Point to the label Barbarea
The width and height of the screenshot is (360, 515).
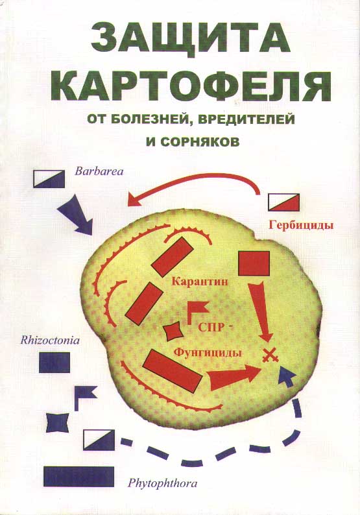pyautogui.click(x=99, y=171)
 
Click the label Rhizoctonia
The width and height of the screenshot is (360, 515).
pyautogui.click(x=50, y=340)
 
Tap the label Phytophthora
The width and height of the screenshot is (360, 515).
pyautogui.click(x=162, y=483)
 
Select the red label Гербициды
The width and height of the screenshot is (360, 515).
pyautogui.click(x=301, y=225)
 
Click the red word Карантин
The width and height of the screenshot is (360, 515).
pyautogui.click(x=200, y=281)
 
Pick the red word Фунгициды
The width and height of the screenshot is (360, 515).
pyautogui.click(x=208, y=353)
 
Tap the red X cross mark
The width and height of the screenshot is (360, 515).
pyautogui.click(x=270, y=355)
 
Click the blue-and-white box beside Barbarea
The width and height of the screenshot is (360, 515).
pyautogui.click(x=49, y=179)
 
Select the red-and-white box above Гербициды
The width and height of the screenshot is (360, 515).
pyautogui.click(x=284, y=202)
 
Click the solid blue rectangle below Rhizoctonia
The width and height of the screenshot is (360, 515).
pyautogui.click(x=54, y=363)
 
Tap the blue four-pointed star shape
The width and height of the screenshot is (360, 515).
pyautogui.click(x=58, y=422)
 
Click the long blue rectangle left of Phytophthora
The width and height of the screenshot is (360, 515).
pyautogui.click(x=79, y=476)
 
